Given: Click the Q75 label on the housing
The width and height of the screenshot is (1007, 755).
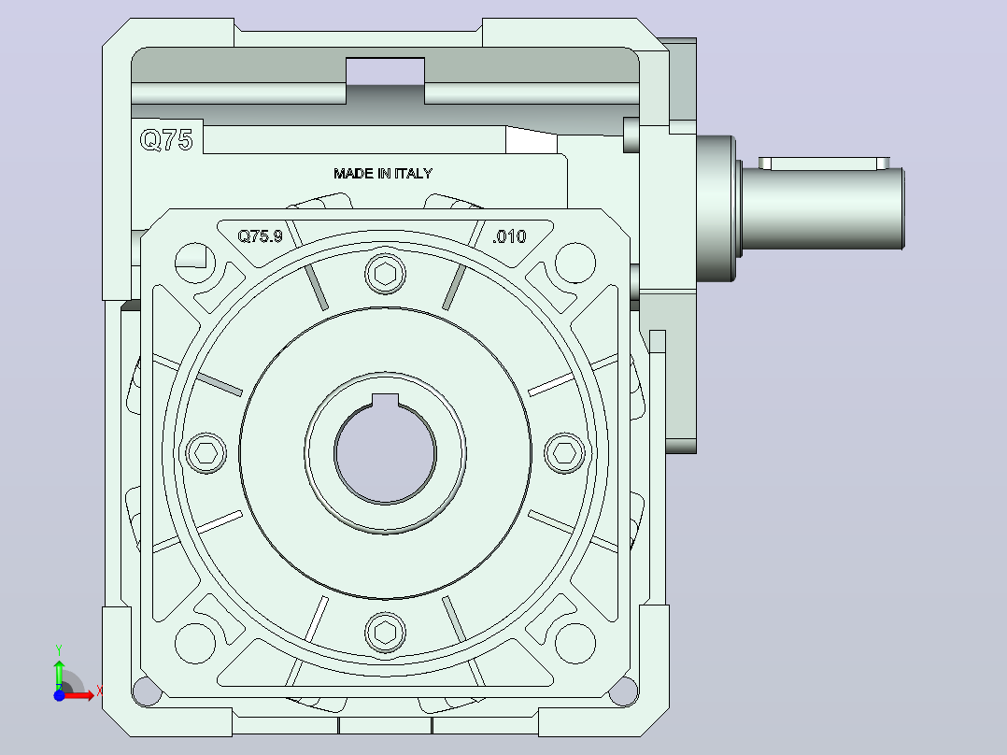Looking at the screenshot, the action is (x=166, y=139).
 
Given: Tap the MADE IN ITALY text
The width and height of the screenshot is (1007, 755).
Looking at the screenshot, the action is (x=383, y=174).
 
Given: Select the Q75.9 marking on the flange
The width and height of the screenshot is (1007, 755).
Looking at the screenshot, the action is (x=260, y=236).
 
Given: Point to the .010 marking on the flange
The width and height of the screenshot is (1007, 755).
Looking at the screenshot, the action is (x=509, y=236).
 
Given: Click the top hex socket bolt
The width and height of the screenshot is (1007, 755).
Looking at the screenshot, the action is (x=385, y=275).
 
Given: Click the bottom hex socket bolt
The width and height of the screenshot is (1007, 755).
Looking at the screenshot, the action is (x=385, y=633).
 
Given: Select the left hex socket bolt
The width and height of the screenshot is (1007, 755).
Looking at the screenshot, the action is (x=206, y=453).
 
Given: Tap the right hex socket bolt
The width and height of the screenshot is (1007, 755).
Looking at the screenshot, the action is (x=564, y=453).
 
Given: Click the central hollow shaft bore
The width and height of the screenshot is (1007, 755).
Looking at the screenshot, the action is (x=385, y=453).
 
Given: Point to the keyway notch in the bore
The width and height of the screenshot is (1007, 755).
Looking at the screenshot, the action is (x=385, y=400).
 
